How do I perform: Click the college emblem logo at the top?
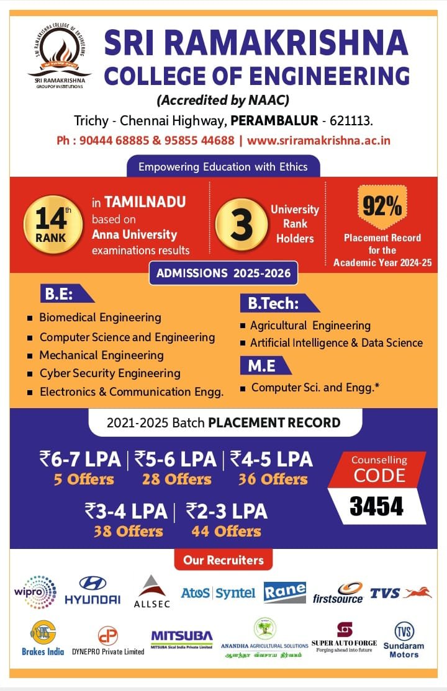point(58,53)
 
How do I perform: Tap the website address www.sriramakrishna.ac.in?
point(318,140)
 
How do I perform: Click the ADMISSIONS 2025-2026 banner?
point(223,273)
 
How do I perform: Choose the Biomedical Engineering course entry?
point(100,318)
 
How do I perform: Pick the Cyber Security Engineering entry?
point(110,373)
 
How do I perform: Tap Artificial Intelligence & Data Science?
point(336,343)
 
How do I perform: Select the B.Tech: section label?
point(274,304)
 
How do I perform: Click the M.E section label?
point(263,366)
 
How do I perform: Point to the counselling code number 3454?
point(376,506)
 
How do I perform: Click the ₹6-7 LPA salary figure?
point(80,460)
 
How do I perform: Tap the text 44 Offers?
point(227,532)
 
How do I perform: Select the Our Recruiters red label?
point(223,560)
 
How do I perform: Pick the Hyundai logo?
point(93,591)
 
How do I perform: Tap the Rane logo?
point(285,592)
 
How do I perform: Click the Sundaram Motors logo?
point(404,640)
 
